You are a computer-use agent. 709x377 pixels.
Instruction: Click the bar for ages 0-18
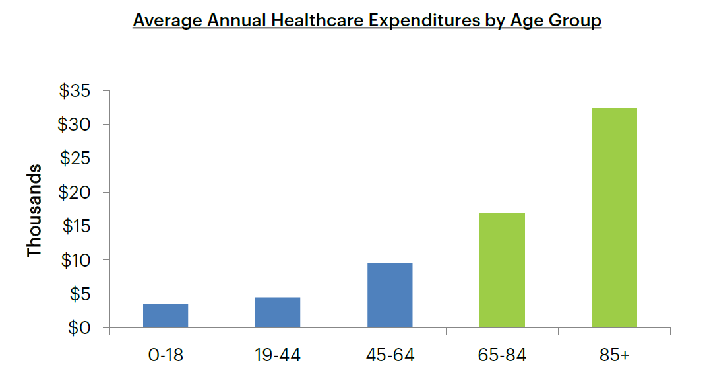point(166,316)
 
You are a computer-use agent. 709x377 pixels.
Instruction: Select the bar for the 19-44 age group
point(278,312)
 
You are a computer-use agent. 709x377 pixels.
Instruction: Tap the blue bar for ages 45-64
point(390,296)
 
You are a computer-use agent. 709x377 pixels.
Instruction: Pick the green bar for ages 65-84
point(502,271)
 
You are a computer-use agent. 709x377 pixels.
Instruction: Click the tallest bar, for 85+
point(614,218)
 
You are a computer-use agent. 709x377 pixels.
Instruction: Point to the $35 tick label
point(74,91)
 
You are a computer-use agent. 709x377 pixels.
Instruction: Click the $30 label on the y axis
point(74,125)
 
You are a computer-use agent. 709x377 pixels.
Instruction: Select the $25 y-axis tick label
point(74,158)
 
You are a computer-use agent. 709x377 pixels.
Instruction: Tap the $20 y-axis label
point(74,193)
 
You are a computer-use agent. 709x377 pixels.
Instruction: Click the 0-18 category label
point(166,355)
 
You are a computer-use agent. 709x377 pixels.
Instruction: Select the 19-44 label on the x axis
point(278,355)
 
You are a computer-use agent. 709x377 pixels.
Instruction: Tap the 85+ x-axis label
point(614,355)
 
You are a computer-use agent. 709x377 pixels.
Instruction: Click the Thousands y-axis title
point(34,211)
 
